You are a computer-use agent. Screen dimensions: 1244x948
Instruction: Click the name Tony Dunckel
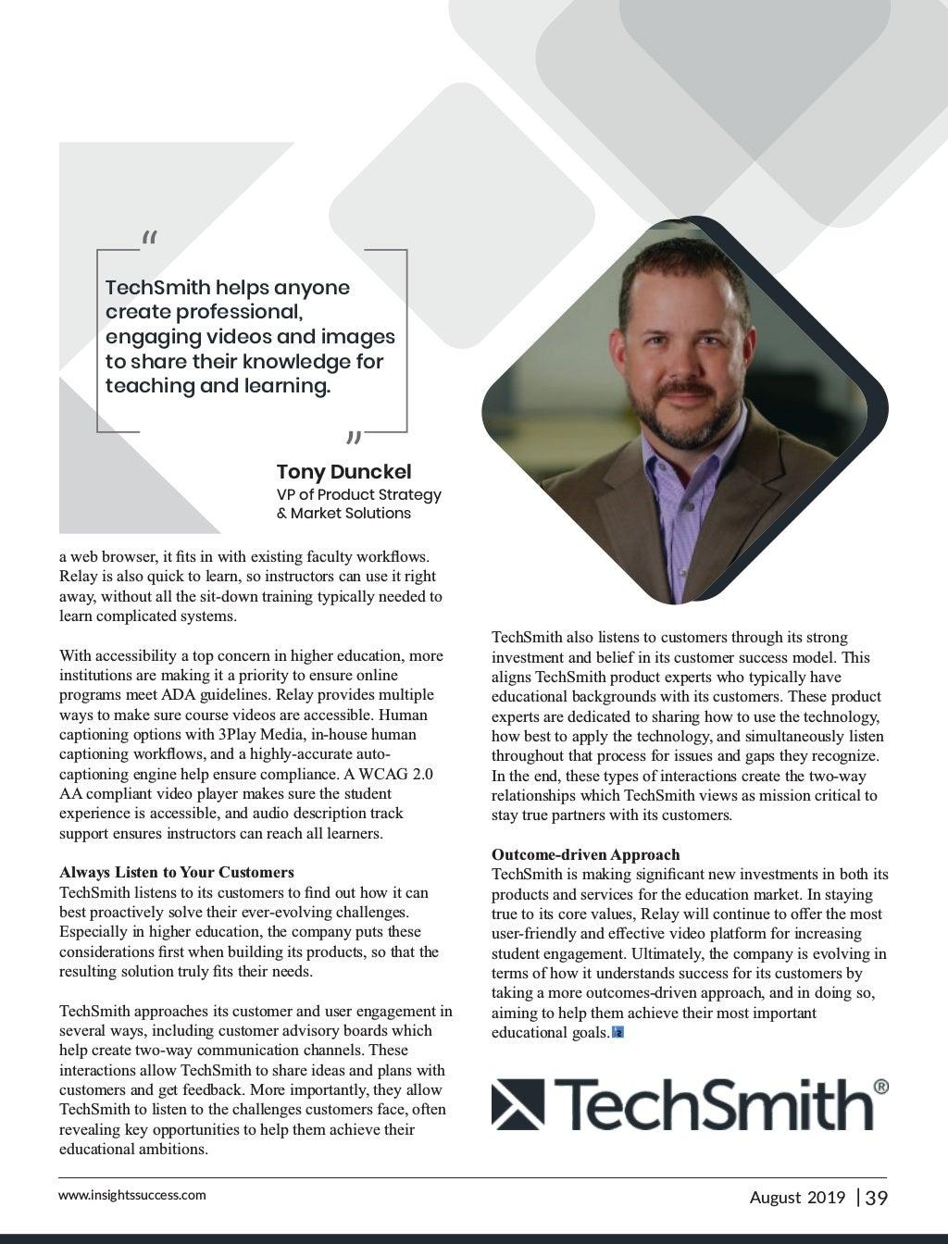[343, 472]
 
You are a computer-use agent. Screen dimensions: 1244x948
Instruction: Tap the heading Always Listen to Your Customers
[177, 872]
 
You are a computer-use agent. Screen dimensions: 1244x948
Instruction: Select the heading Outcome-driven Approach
[585, 854]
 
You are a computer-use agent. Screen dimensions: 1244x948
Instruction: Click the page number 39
[877, 1198]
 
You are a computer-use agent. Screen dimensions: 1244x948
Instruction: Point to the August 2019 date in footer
[797, 1198]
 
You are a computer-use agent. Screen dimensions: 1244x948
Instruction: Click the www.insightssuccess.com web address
[132, 1195]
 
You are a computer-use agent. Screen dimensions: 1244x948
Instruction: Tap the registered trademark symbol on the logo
[880, 1087]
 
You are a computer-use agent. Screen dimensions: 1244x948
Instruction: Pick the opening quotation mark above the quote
[149, 239]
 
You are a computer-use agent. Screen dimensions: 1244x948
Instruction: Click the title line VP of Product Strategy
[358, 494]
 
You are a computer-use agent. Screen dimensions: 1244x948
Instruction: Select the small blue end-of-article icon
[618, 1032]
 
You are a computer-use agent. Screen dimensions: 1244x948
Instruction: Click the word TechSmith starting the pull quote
[157, 287]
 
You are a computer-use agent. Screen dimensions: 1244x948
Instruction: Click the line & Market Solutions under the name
[343, 513]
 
